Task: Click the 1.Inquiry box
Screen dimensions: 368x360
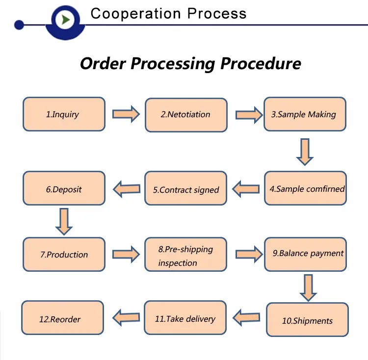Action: coord(64,114)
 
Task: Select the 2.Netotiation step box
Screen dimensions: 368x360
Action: coord(186,115)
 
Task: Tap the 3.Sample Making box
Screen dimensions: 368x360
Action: coord(305,114)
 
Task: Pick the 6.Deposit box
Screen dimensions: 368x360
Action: coord(64,188)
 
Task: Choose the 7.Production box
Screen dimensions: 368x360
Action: coord(64,254)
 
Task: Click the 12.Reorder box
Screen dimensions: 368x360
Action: coord(62,317)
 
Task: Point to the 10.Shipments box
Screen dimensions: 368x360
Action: coord(307,320)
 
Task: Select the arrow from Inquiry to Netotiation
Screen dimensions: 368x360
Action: coord(126,114)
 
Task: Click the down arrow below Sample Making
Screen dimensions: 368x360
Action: coord(305,152)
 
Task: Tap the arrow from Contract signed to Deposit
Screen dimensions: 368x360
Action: coord(127,189)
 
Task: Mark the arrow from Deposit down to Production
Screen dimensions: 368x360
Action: coord(64,221)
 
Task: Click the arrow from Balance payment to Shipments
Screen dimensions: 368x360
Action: coord(308,288)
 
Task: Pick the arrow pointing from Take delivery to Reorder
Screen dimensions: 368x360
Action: coord(126,317)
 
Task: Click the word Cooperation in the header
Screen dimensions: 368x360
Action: coord(135,14)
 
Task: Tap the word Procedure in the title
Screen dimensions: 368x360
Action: coord(261,64)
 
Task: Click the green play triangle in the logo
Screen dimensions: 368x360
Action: coord(66,20)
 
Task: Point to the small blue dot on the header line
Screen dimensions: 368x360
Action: coord(19,25)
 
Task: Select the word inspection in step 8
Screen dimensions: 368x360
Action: coord(178,263)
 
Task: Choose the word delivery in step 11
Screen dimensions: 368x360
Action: coord(201,319)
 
